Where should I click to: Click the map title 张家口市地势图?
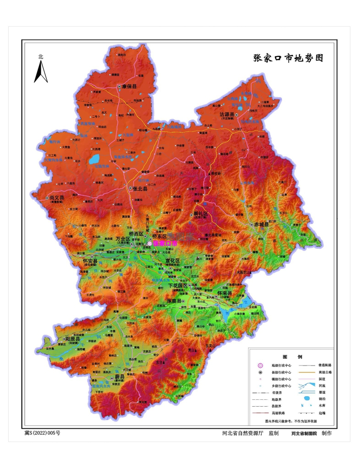click(288, 58)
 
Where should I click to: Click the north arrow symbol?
click(41, 71)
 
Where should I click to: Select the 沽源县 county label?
click(227, 114)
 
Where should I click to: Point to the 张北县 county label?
click(140, 188)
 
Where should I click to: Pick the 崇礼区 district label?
click(200, 214)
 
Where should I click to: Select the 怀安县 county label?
click(90, 261)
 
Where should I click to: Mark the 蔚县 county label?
click(120, 376)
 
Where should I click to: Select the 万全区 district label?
click(123, 239)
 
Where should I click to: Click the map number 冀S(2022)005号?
click(42, 432)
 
